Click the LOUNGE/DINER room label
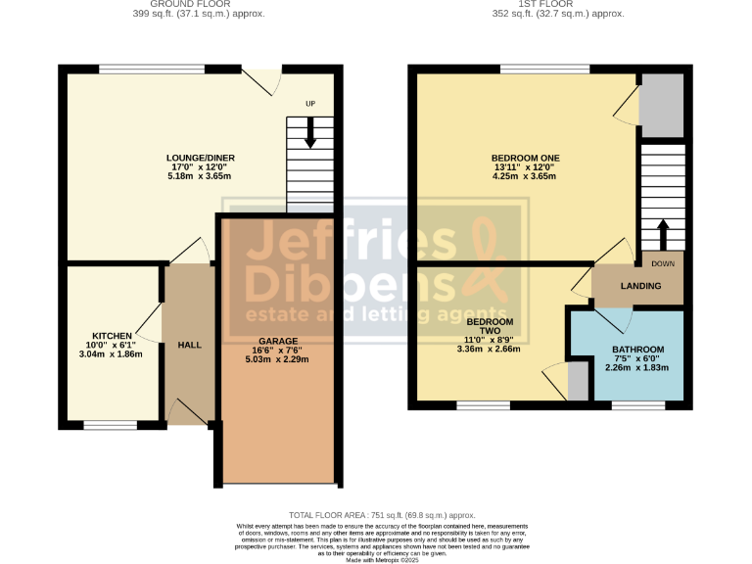point(200,158)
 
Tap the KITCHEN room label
point(112,334)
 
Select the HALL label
point(189,346)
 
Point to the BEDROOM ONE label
point(525,158)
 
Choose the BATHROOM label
point(637,350)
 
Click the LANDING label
point(640,286)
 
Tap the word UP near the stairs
point(310,104)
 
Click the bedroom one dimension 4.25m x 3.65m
point(525,177)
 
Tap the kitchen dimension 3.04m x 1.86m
point(111,353)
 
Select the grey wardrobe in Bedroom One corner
point(661,105)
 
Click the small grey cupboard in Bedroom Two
point(578,381)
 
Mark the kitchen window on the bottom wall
point(111,426)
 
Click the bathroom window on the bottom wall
point(637,403)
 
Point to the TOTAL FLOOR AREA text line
point(382,515)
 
